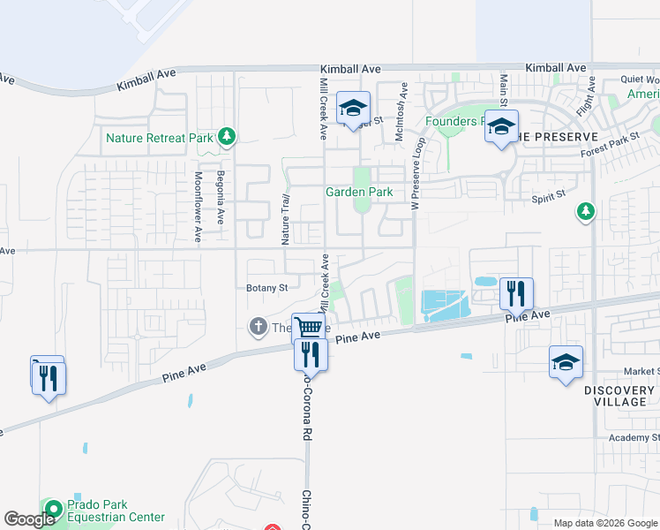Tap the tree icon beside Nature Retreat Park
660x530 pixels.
tap(228, 136)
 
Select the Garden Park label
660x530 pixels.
tap(359, 192)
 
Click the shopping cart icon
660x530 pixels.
tap(309, 328)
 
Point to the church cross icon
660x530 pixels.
tap(259, 328)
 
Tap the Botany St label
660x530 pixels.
tap(267, 288)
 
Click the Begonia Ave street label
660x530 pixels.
tap(221, 195)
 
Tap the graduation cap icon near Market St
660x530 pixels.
tap(566, 361)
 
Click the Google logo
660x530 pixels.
tap(29, 519)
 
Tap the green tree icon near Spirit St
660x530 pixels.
tap(584, 211)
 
